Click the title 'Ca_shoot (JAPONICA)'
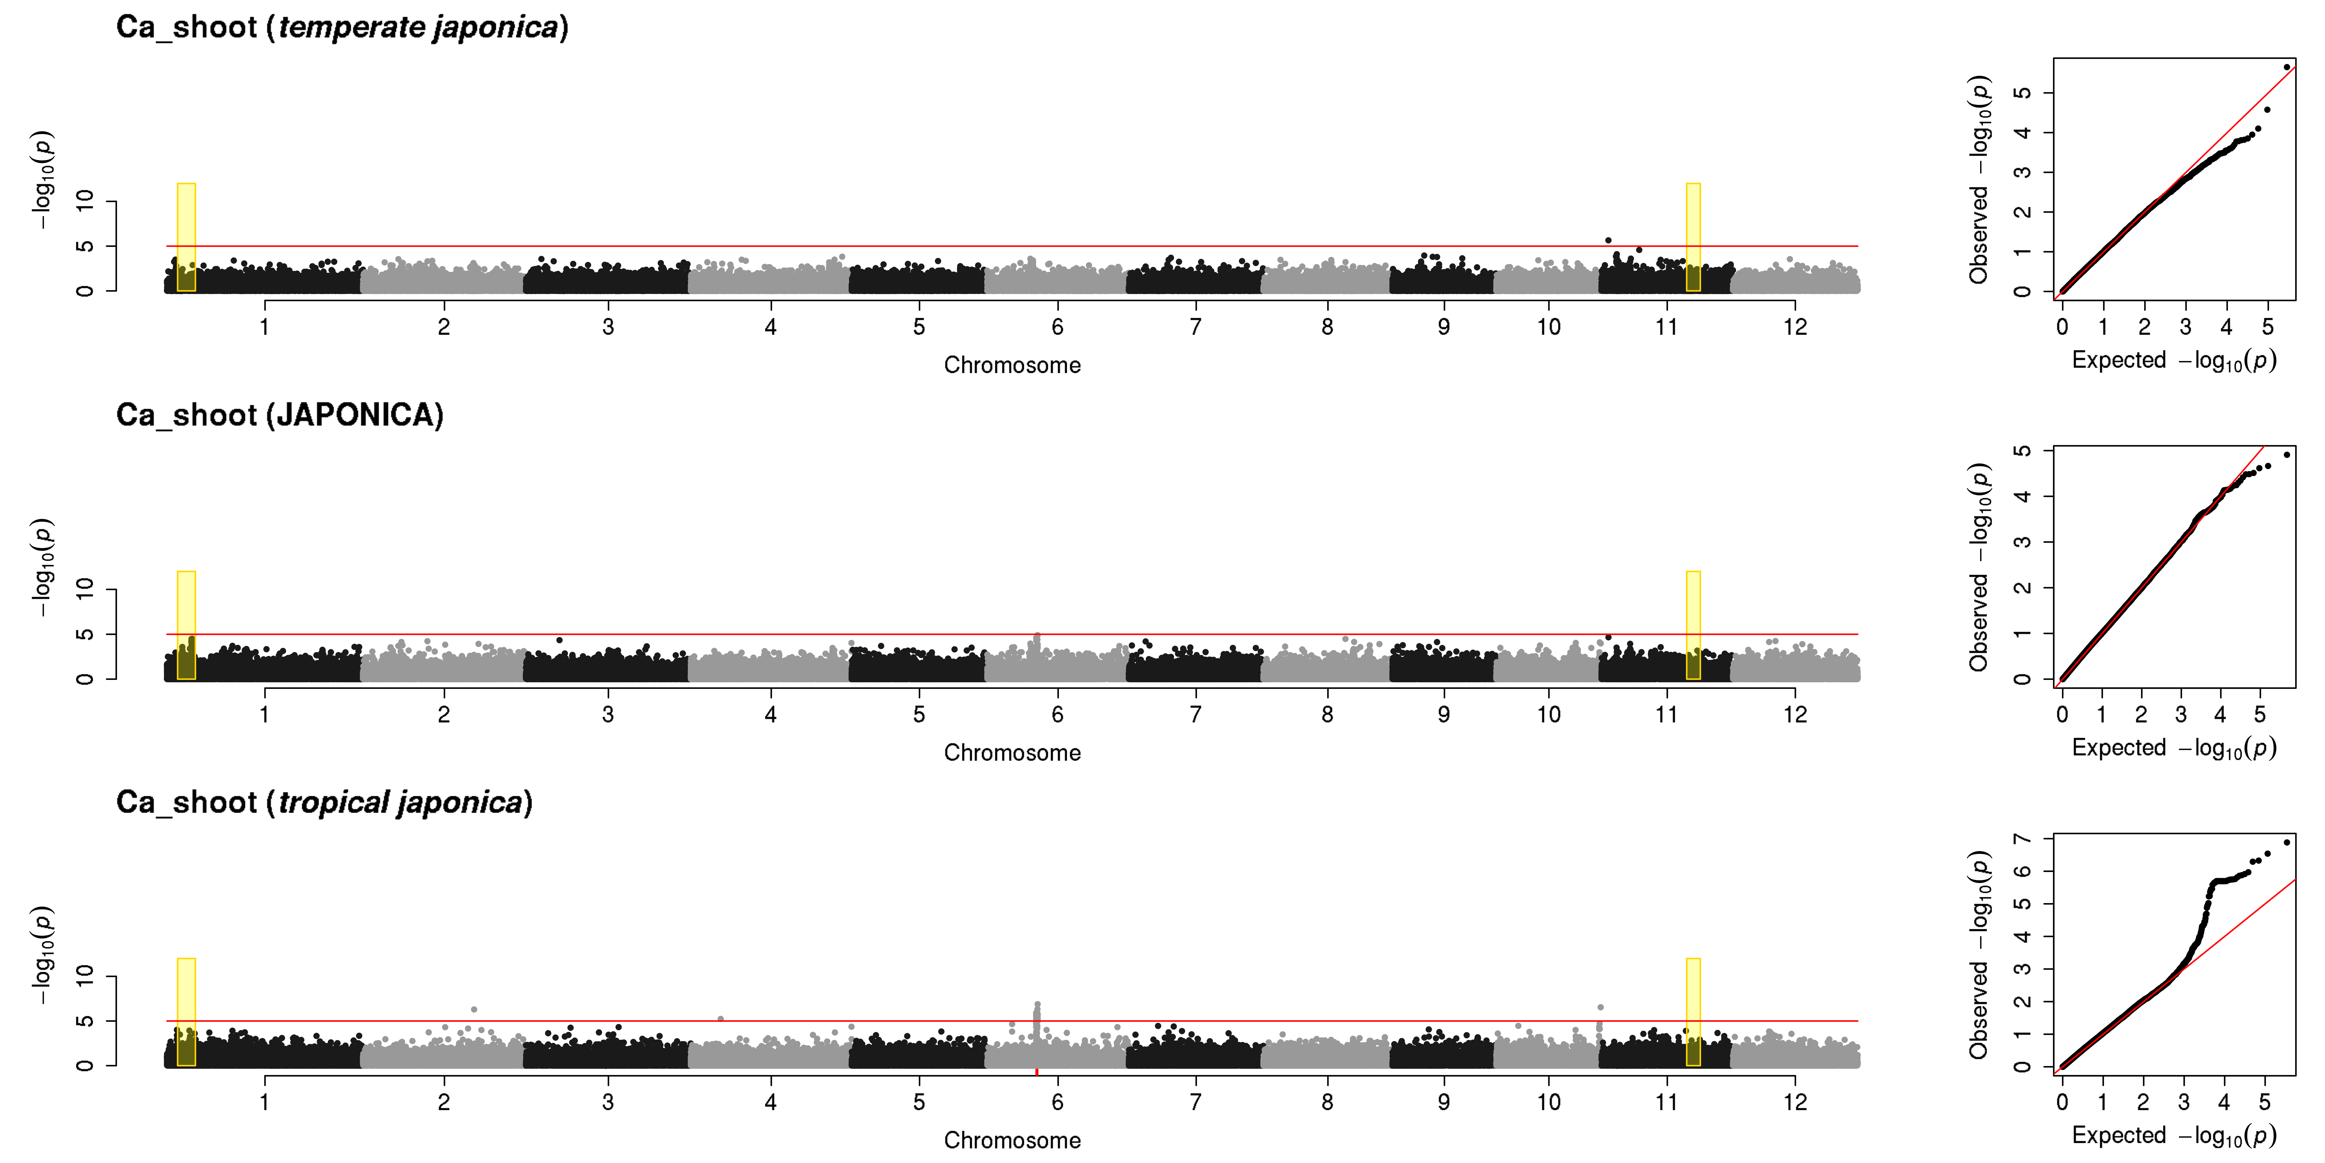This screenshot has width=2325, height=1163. [280, 415]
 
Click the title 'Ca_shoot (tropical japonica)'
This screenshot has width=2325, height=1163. [324, 803]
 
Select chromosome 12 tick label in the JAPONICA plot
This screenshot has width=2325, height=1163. [1795, 714]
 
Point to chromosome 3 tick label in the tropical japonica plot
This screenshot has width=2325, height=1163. [608, 1102]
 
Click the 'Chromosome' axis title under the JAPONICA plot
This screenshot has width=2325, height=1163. [1012, 753]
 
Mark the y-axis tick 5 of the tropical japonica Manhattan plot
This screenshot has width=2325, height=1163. [85, 1020]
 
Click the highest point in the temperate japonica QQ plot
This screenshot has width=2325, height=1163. [2286, 67]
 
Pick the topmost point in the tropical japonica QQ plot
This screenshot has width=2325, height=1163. [2286, 842]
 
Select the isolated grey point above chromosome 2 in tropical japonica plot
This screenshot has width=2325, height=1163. [474, 1009]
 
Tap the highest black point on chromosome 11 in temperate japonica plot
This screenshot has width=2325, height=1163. [1608, 240]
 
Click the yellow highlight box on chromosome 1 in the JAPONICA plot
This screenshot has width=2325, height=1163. [186, 625]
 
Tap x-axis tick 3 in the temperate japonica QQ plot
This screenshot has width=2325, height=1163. [2185, 327]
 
